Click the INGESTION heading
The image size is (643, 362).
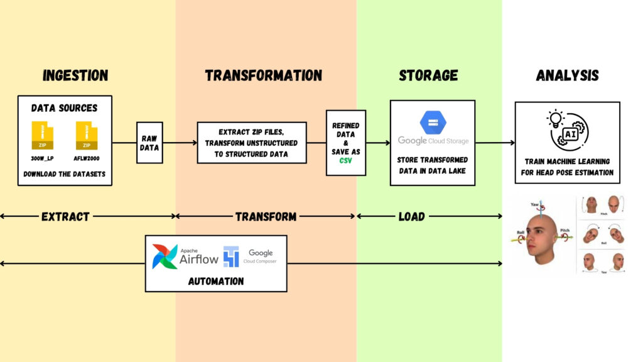[x=75, y=76]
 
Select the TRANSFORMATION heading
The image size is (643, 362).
[x=263, y=76]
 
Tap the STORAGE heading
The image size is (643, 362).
[x=428, y=76]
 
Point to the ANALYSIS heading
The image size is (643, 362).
[x=567, y=76]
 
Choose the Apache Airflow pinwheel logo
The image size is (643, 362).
[x=165, y=256]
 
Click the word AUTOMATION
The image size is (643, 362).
[x=215, y=282]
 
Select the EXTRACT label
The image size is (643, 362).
[x=65, y=217]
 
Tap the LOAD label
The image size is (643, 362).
[x=411, y=217]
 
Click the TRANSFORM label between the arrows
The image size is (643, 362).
[x=266, y=217]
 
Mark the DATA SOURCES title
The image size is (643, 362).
[x=65, y=108]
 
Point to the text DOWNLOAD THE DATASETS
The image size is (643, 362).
[x=65, y=173]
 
